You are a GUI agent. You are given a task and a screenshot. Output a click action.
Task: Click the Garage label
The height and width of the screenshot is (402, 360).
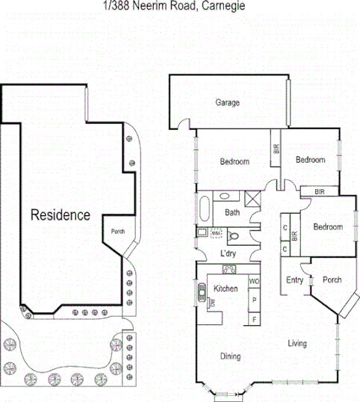[227, 102]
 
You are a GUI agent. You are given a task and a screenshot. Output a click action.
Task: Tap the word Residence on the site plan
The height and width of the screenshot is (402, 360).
[60, 215]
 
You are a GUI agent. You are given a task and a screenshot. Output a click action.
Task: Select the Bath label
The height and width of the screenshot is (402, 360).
[233, 213]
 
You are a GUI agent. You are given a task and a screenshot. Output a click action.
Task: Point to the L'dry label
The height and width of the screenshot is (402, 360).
[229, 253]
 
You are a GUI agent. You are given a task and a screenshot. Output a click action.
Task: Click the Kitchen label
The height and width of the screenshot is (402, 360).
[226, 288]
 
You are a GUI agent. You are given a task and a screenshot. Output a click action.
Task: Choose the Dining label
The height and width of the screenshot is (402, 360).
[230, 356]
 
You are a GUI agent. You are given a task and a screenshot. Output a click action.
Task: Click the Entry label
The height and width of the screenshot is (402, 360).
[294, 280]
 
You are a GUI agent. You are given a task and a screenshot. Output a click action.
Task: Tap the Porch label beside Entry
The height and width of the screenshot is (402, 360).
[332, 280]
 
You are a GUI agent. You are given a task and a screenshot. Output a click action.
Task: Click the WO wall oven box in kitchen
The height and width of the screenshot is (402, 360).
[253, 282]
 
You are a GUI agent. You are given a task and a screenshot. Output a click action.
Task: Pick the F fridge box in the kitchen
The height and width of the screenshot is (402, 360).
[253, 320]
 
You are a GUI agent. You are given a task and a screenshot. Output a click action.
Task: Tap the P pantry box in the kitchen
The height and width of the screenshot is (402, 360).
[253, 300]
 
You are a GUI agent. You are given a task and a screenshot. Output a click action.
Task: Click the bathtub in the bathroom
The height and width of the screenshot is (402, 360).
[205, 208]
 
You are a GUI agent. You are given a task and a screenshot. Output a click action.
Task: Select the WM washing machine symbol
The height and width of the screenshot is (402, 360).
[217, 234]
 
